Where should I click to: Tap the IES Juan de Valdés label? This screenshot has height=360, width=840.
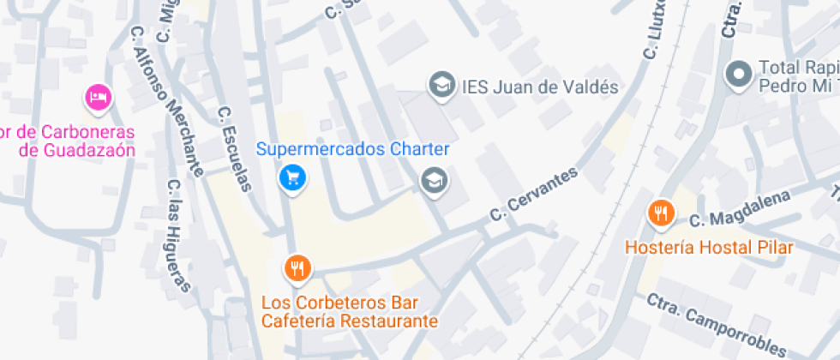pos(540,87)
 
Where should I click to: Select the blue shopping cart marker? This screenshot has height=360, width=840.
pos(293,177)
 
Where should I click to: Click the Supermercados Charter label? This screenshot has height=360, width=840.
pos(353,149)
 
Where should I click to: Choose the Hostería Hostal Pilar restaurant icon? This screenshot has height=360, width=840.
pos(660,213)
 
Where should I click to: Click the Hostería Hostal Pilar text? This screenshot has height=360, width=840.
pos(710,248)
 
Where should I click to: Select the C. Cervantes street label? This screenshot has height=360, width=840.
pos(533,193)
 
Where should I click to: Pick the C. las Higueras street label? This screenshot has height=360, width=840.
pos(177,235)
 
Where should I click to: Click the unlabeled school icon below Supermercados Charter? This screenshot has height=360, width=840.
pos(434,181)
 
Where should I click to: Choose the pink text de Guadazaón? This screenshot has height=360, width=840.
pos(77,150)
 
